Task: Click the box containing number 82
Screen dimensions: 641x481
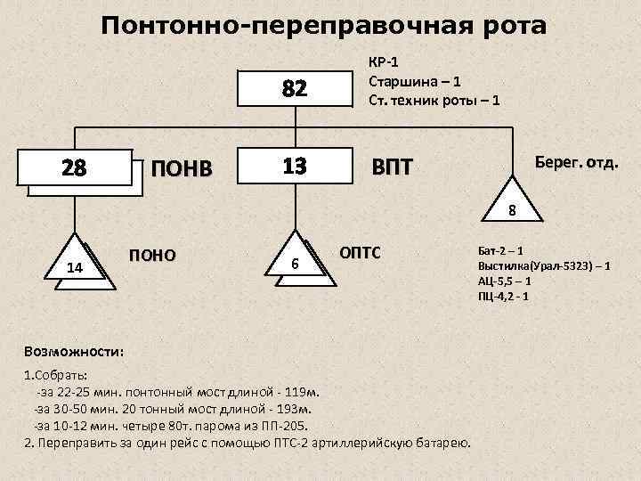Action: pyautogui.click(x=294, y=89)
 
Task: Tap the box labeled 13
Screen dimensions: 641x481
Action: pyautogui.click(x=294, y=166)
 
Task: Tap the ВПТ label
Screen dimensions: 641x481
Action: pyautogui.click(x=393, y=167)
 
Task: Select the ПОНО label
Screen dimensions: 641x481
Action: pyautogui.click(x=152, y=255)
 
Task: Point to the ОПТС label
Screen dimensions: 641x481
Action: pyautogui.click(x=360, y=253)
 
